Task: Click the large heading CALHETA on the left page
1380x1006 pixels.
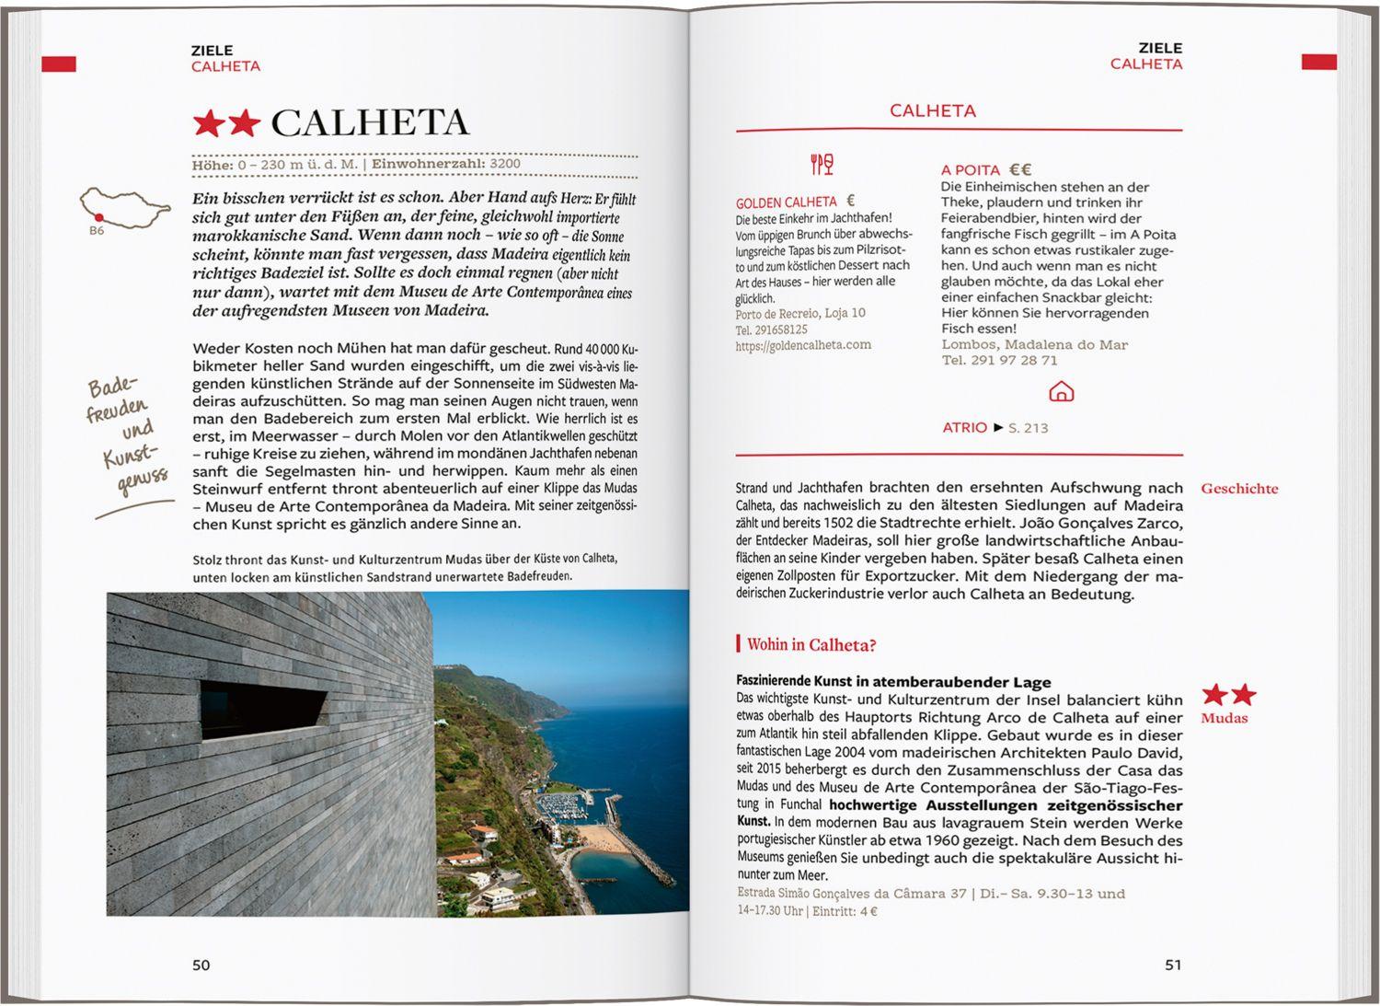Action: tap(370, 122)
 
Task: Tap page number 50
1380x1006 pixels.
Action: tap(201, 965)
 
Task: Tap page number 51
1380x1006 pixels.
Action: tap(1172, 965)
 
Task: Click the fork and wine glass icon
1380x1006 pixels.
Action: tap(822, 165)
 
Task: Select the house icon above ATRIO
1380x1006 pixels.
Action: tap(1061, 392)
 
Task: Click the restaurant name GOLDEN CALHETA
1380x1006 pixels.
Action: tap(787, 202)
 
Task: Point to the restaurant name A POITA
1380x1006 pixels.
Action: tap(970, 169)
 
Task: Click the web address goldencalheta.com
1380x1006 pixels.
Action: tap(802, 345)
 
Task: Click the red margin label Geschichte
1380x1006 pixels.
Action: tap(1238, 489)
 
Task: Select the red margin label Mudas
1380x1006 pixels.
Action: tap(1224, 718)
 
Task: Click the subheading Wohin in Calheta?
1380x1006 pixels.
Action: tap(811, 644)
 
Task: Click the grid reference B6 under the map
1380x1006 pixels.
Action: tap(97, 231)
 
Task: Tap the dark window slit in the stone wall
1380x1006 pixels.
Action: tap(262, 711)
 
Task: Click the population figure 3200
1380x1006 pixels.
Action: tap(505, 164)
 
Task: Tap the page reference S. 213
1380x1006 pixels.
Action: tap(1028, 427)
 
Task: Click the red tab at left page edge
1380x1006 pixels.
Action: tap(59, 64)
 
